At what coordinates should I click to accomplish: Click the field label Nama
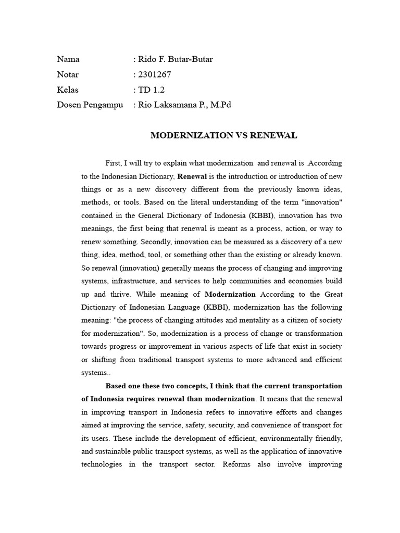tap(68, 59)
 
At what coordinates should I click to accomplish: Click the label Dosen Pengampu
tap(90, 105)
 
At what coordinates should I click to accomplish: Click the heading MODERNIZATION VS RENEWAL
tap(224, 135)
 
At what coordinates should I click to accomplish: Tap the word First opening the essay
tap(113, 163)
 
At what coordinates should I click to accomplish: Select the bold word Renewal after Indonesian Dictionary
tap(192, 176)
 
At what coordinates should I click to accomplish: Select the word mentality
tap(244, 320)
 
